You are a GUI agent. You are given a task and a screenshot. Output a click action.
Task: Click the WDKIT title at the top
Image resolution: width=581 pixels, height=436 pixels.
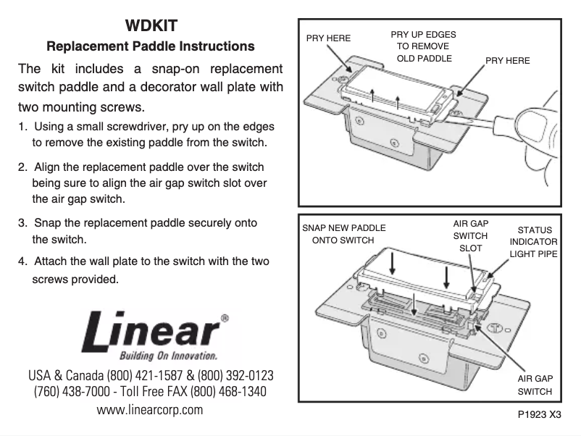150,26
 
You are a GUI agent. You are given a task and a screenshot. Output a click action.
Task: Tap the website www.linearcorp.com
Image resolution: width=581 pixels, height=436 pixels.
150,410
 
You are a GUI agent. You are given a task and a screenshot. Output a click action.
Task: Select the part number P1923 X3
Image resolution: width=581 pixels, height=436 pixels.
540,415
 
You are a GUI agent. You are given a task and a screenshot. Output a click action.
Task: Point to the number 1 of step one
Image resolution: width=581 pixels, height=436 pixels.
21,127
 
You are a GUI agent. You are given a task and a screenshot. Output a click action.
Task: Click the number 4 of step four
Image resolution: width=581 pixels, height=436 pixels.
21,261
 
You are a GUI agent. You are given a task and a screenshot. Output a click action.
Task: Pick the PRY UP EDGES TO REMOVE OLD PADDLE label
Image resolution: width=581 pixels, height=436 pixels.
423,46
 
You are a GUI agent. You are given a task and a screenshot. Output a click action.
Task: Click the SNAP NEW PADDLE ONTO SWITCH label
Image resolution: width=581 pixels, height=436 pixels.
343,234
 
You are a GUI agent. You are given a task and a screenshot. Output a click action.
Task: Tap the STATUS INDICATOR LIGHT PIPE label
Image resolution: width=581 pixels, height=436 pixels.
534,242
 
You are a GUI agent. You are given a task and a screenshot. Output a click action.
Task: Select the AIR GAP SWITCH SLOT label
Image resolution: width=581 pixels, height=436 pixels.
470,236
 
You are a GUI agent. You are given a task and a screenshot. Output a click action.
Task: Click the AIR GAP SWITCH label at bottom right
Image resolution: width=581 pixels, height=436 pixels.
535,385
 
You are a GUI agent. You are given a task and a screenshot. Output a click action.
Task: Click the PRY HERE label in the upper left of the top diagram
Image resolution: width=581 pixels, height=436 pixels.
328,38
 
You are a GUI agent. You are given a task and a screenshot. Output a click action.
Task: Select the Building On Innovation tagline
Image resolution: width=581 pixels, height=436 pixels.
168,356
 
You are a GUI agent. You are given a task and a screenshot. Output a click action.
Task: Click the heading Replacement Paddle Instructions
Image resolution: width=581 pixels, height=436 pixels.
150,46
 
